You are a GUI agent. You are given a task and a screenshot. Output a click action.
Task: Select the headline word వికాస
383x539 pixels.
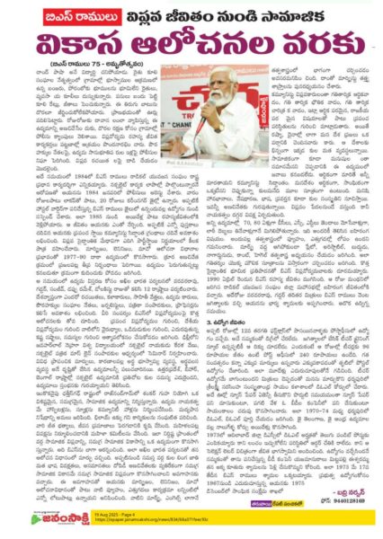point(90,55)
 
